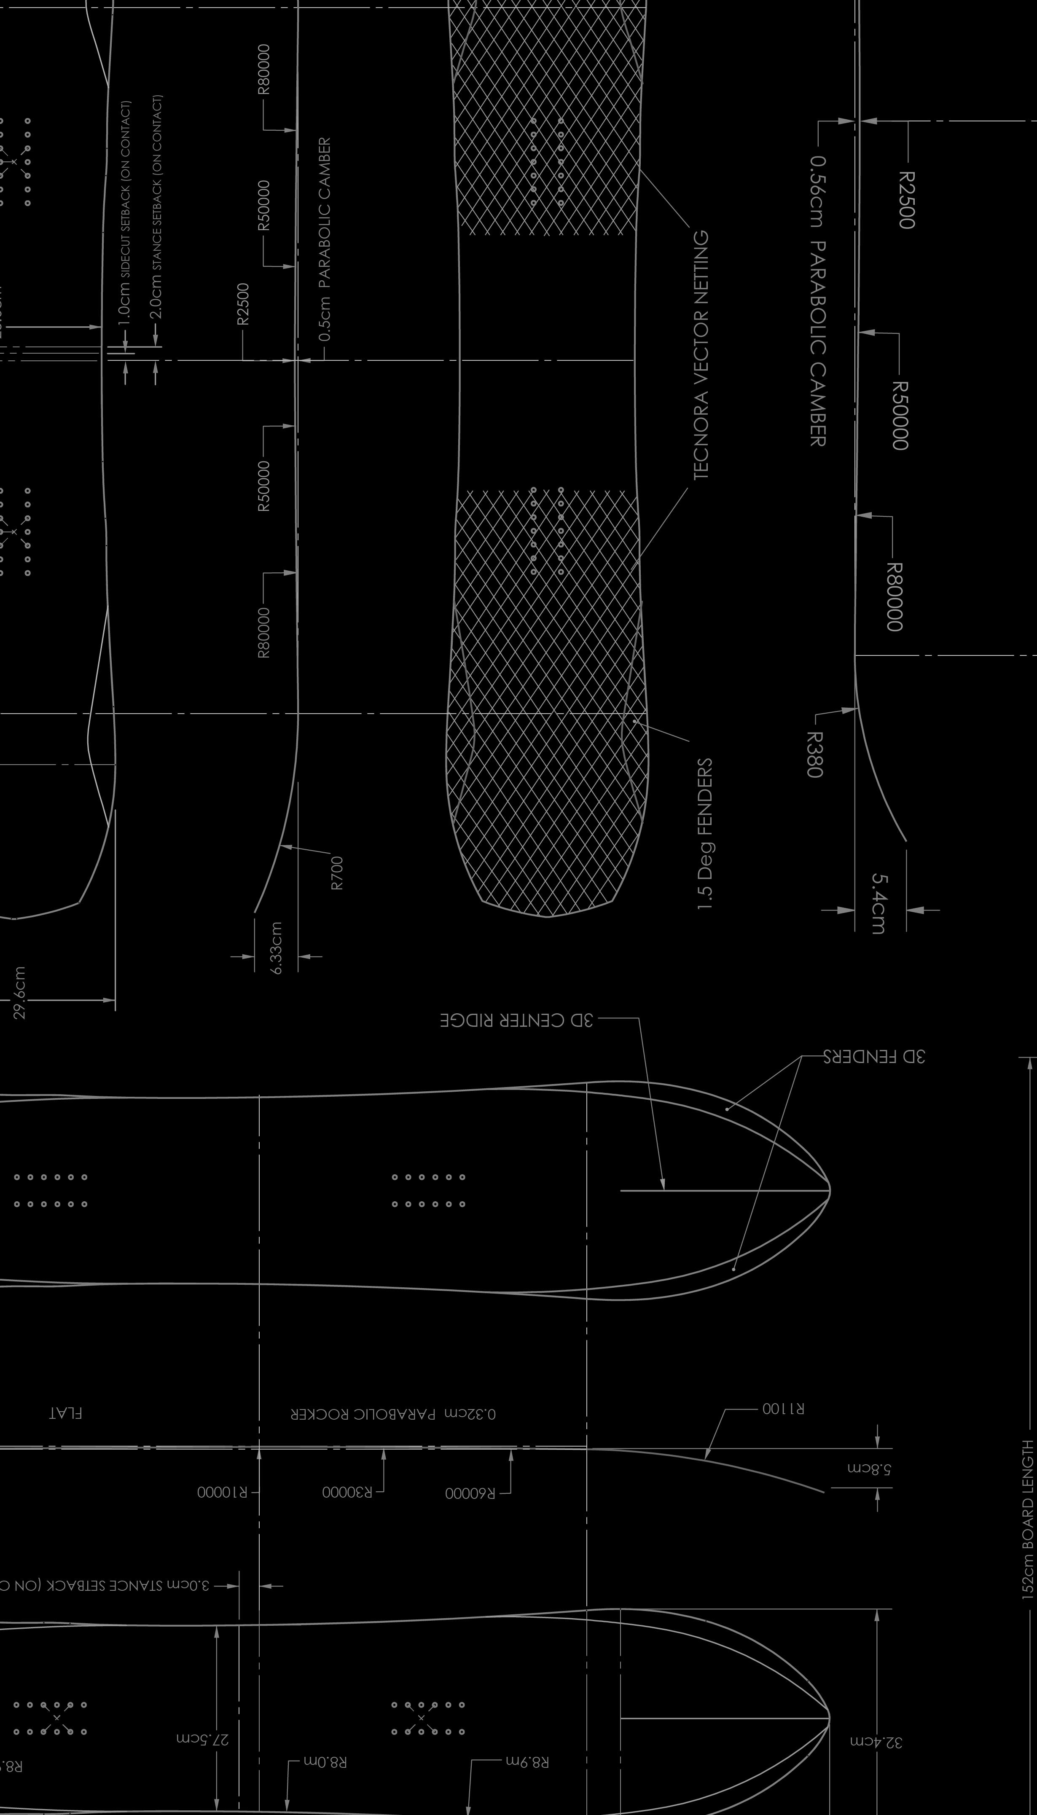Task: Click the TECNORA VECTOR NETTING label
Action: (701, 354)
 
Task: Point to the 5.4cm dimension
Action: (880, 903)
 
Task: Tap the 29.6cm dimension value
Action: (19, 992)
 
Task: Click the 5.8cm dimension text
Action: (870, 1468)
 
